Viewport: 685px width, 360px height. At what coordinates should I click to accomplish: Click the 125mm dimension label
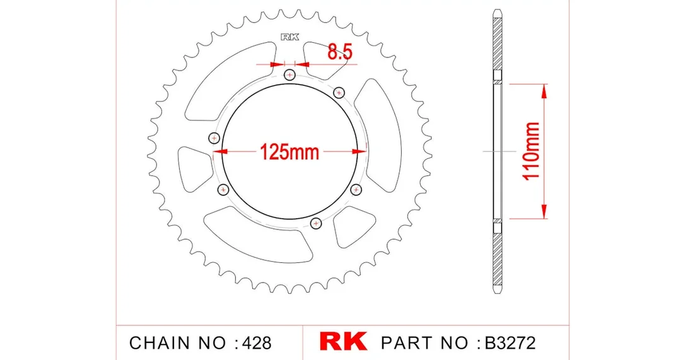pyautogui.click(x=290, y=152)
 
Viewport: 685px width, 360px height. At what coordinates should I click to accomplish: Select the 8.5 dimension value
pyautogui.click(x=340, y=52)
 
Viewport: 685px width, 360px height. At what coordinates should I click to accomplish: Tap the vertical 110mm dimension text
pyautogui.click(x=531, y=151)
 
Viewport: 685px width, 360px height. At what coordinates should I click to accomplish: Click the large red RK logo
pyautogui.click(x=343, y=341)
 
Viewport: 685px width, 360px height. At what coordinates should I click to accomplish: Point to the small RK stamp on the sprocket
pyautogui.click(x=290, y=38)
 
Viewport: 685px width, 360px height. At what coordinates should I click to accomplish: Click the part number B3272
pyautogui.click(x=510, y=343)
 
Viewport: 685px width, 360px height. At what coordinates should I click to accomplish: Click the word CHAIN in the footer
pyautogui.click(x=160, y=343)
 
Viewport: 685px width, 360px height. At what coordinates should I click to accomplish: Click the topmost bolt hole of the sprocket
pyautogui.click(x=290, y=75)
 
